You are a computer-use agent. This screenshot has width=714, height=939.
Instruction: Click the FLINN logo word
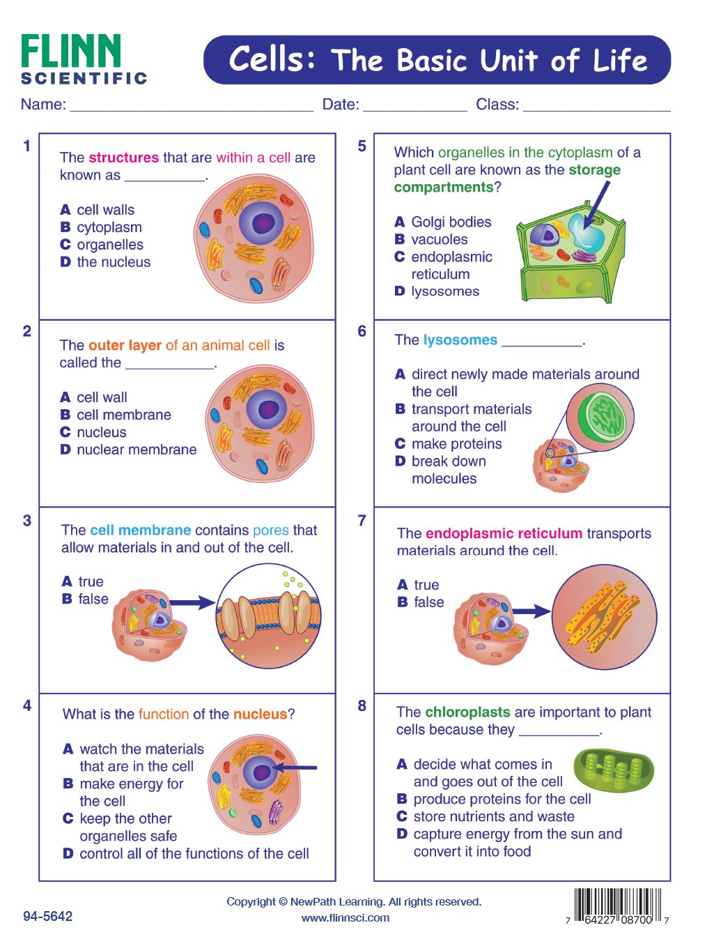[x=71, y=52]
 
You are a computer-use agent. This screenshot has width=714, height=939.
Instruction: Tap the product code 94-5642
[x=47, y=916]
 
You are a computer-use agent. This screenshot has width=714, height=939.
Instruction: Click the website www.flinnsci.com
[x=346, y=917]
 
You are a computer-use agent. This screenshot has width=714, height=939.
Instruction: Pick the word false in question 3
[x=93, y=599]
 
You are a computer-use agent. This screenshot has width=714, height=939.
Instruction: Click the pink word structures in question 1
[x=124, y=158]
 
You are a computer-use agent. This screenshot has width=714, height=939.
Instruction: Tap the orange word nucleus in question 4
[x=260, y=714]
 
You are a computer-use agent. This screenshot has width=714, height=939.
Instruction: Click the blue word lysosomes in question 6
[x=460, y=340]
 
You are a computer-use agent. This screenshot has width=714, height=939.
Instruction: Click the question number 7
[x=362, y=521]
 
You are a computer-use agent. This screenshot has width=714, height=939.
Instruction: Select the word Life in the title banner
[x=620, y=61]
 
